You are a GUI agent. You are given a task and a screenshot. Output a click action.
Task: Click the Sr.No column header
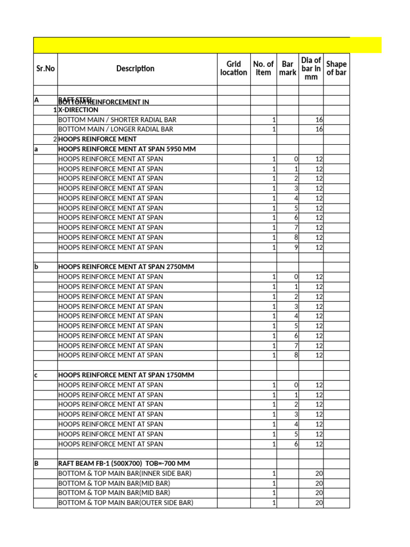pyautogui.click(x=45, y=68)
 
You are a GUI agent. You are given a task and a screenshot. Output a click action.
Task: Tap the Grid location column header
pyautogui.click(x=233, y=68)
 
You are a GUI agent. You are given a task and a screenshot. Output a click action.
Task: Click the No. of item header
pyautogui.click(x=263, y=68)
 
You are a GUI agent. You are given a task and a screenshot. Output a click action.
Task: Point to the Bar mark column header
pyautogui.click(x=287, y=68)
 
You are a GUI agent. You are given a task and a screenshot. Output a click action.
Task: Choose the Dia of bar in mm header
pyautogui.click(x=311, y=68)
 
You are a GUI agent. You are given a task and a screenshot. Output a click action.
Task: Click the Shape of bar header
pyautogui.click(x=336, y=68)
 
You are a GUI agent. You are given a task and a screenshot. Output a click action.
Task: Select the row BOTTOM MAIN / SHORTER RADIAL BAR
pyautogui.click(x=117, y=120)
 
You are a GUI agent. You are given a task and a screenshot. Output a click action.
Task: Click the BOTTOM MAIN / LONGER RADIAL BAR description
pyautogui.click(x=115, y=129)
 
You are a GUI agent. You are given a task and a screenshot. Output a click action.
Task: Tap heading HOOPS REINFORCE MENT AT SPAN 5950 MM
pyautogui.click(x=127, y=149)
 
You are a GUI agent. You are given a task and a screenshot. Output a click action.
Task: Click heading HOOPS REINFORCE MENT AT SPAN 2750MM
pyautogui.click(x=125, y=267)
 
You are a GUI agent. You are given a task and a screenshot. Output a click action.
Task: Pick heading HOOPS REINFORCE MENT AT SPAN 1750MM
pyautogui.click(x=125, y=375)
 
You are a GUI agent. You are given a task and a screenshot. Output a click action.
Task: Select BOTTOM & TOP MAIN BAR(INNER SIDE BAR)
pyautogui.click(x=124, y=473)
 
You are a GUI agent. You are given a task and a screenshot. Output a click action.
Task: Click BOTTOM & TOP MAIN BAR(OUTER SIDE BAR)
pyautogui.click(x=125, y=503)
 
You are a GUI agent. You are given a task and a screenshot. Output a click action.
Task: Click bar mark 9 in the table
pyautogui.click(x=296, y=247)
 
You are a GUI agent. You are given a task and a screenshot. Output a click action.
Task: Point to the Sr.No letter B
pyautogui.click(x=36, y=464)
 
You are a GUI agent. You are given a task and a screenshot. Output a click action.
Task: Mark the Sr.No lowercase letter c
pyautogui.click(x=36, y=375)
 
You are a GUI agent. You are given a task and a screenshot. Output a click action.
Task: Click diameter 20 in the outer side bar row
pyautogui.click(x=319, y=503)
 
